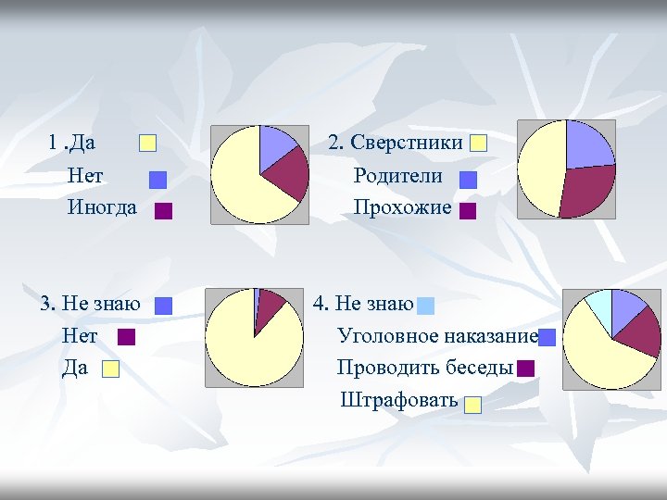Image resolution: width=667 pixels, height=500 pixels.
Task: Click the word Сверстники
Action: [405, 143]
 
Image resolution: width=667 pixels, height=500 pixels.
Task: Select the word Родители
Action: [397, 176]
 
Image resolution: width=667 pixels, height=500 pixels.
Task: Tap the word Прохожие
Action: [402, 207]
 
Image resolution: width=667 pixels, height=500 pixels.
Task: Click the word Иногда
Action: [102, 207]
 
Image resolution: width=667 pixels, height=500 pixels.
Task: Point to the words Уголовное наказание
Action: [437, 335]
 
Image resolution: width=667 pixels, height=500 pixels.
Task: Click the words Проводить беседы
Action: [425, 368]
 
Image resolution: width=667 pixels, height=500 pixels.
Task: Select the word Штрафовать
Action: [399, 400]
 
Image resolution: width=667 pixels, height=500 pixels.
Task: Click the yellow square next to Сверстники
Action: [478, 144]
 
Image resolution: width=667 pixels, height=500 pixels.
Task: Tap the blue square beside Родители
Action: [468, 179]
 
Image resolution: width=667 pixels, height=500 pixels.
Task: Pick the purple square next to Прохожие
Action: [468, 211]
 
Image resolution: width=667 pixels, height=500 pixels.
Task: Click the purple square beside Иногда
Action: [164, 211]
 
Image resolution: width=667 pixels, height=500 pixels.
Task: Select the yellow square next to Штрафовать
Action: [473, 405]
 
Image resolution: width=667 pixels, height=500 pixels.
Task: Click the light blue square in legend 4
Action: [425, 306]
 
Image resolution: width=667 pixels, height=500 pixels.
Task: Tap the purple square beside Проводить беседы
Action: [526, 369]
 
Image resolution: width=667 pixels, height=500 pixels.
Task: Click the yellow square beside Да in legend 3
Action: [110, 369]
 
